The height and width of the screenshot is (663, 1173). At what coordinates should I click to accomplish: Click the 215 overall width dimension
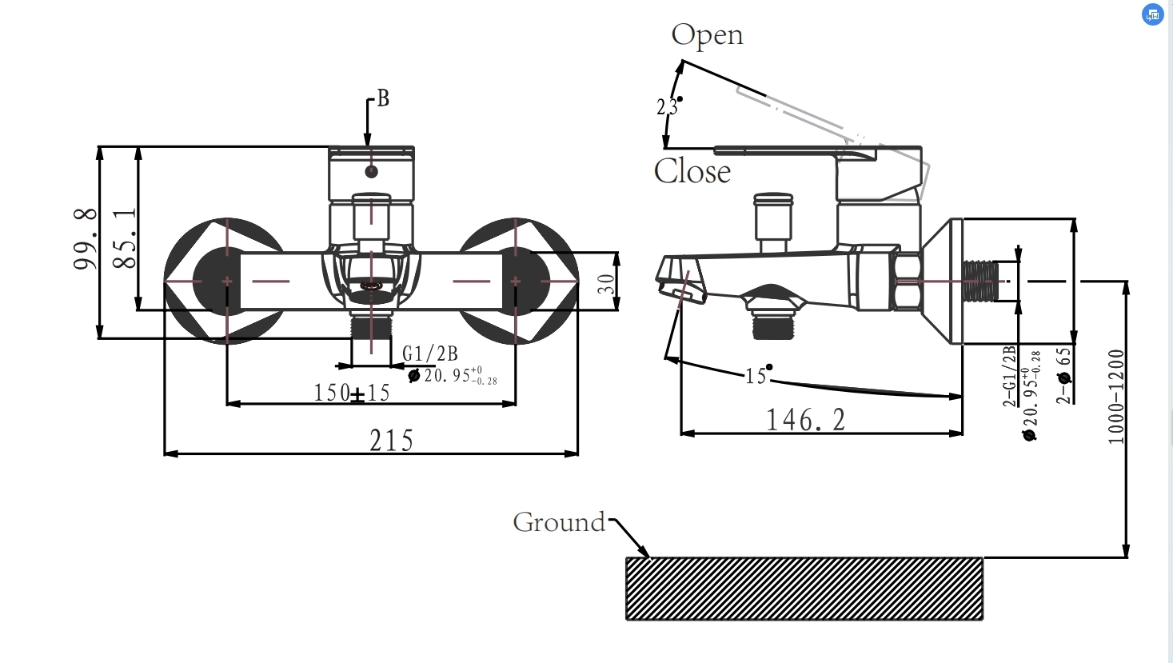(391, 441)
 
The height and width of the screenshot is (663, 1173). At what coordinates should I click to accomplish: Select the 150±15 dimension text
(352, 393)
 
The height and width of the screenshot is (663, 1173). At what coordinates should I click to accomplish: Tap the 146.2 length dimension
(805, 420)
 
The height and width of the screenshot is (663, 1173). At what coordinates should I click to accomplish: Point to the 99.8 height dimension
(86, 238)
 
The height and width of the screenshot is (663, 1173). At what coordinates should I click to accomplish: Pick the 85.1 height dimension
(125, 238)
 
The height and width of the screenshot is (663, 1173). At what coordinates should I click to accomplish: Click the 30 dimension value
(607, 284)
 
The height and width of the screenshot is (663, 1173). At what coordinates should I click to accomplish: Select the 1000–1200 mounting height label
(1116, 396)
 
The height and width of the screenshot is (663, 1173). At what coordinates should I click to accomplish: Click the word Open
(707, 36)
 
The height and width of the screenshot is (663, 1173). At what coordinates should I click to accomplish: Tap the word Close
(692, 171)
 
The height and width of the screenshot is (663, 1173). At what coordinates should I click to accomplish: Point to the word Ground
(559, 522)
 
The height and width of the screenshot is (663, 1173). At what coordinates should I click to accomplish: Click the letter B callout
(383, 98)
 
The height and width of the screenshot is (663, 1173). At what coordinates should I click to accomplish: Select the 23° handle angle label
(668, 106)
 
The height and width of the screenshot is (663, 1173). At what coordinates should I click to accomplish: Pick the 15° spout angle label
(756, 375)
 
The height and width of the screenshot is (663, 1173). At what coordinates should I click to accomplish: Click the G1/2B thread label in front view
(430, 353)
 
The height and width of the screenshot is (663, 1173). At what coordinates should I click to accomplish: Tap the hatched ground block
(804, 589)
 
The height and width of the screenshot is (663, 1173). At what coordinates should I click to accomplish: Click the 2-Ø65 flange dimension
(1063, 375)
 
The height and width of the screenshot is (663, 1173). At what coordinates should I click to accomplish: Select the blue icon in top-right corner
(1152, 14)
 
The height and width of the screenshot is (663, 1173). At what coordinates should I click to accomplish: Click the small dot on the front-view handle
(371, 171)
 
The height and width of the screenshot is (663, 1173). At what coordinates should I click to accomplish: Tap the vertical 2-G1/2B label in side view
(1009, 376)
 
